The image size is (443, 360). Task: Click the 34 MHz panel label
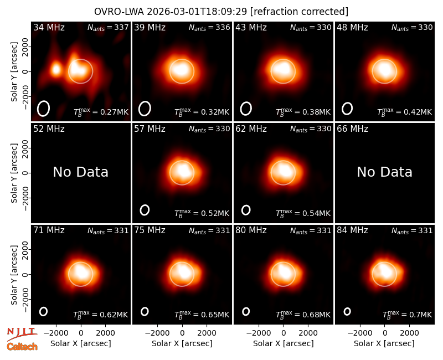point(49,27)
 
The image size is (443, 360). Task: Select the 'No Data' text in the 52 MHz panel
point(80,172)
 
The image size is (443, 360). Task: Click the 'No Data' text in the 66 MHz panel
point(384,172)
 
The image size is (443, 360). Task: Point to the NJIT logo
point(22,333)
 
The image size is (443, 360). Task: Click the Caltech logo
point(22,347)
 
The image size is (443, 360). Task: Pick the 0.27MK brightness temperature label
point(101,112)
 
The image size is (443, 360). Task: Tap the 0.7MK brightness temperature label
point(407,315)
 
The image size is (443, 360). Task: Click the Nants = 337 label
point(108,27)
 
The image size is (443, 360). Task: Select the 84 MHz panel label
point(352,230)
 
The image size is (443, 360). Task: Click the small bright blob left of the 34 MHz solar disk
point(56,69)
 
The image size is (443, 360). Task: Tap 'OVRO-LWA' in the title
point(119,12)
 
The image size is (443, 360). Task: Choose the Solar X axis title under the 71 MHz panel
point(81,343)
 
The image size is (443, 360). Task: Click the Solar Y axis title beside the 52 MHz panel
point(14,173)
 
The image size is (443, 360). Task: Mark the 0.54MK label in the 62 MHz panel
point(303,213)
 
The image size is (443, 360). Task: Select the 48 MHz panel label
point(352,27)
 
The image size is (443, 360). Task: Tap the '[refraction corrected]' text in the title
point(299,12)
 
